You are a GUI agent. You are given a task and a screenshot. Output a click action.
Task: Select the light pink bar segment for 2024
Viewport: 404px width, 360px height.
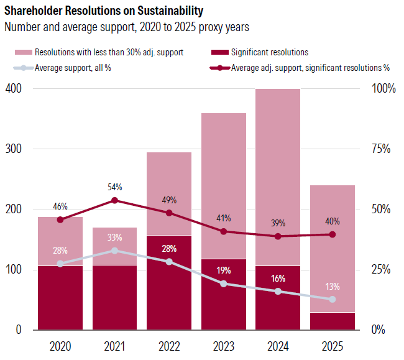[x=278, y=168]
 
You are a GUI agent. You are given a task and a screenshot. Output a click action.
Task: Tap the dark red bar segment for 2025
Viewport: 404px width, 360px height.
[x=333, y=321]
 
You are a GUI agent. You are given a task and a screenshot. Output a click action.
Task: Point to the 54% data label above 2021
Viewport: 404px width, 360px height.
[x=115, y=187]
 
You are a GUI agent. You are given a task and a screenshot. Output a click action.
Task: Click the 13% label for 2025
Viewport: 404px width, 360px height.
[x=333, y=287]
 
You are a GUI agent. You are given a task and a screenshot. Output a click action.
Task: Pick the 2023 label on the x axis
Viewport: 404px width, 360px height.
[x=224, y=346]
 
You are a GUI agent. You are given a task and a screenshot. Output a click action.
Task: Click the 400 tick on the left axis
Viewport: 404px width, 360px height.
[x=13, y=89]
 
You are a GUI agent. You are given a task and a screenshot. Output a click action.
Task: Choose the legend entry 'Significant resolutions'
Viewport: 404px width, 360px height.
[x=269, y=52]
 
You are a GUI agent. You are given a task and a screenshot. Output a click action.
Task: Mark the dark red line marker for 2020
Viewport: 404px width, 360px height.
[x=60, y=219]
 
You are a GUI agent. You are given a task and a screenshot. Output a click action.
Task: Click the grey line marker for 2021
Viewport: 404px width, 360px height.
[x=115, y=251]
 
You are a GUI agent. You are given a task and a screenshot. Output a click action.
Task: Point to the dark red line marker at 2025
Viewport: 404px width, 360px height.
[x=333, y=234]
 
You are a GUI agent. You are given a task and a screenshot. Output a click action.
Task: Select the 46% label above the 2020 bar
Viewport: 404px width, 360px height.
[x=60, y=206]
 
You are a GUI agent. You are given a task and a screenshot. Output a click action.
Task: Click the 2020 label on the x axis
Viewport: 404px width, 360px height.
[x=60, y=346]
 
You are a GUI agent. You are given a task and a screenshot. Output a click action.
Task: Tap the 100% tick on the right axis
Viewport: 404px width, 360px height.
[x=383, y=89]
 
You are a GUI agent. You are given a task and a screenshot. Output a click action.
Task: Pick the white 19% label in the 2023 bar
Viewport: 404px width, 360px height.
[x=224, y=270]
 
